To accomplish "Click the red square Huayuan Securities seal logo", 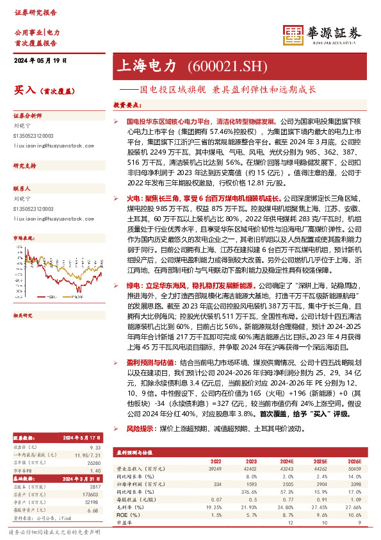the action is click(293, 34).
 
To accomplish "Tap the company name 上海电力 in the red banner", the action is click(145, 66).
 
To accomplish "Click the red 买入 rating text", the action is click(24, 90).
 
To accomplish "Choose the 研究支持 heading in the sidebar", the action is click(24, 166).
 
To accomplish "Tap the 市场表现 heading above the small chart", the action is click(24, 237).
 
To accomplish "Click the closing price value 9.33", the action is click(95, 428).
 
